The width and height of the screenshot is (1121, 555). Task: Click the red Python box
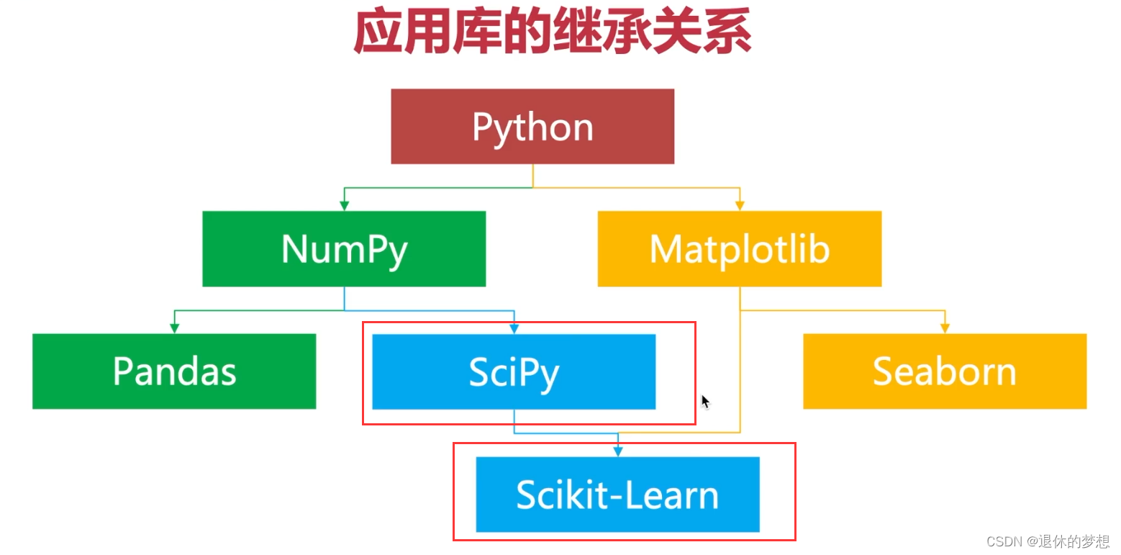pyautogui.click(x=532, y=126)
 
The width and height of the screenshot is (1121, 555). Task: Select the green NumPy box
pyautogui.click(x=344, y=248)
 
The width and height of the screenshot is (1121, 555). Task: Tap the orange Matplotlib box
pyautogui.click(x=739, y=248)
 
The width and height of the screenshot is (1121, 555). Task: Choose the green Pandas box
pyautogui.click(x=174, y=371)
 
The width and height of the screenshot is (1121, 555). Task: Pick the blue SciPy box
pyautogui.click(x=514, y=371)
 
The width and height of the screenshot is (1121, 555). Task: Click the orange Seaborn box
pyautogui.click(x=944, y=371)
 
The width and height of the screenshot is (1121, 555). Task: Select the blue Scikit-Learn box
pyautogui.click(x=617, y=494)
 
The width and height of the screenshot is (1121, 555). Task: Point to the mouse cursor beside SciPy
pyautogui.click(x=705, y=401)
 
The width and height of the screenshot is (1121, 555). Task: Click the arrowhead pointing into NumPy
pyautogui.click(x=345, y=206)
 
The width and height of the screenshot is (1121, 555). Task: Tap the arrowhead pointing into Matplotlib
pyautogui.click(x=739, y=206)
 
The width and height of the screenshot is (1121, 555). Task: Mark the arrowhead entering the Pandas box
pyautogui.click(x=174, y=329)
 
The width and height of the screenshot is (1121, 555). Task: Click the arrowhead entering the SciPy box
pyautogui.click(x=514, y=329)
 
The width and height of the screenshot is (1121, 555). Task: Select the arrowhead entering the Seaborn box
pyautogui.click(x=945, y=329)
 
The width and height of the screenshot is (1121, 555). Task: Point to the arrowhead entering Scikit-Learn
pyautogui.click(x=617, y=452)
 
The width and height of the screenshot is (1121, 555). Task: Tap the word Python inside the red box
pyautogui.click(x=532, y=127)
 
